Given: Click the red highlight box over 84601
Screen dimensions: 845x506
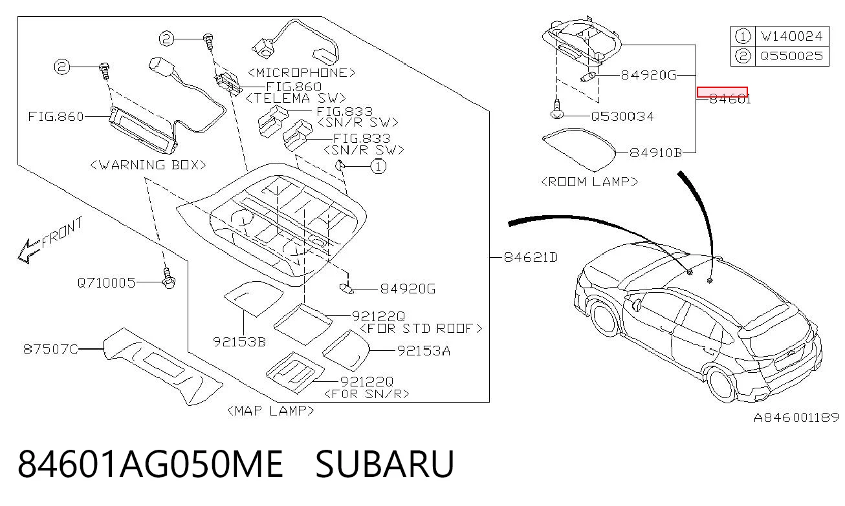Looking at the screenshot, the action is (722, 92).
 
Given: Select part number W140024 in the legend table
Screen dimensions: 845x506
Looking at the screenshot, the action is (791, 36).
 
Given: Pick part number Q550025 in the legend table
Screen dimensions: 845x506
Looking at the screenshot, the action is (791, 56).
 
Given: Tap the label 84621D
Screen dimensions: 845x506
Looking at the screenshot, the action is (531, 257).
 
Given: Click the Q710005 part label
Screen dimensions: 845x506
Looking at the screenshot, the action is (106, 282).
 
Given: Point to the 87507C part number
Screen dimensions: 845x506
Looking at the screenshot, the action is (50, 349).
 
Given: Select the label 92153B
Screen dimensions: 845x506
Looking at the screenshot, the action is (239, 342).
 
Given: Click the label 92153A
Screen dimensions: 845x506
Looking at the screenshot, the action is (424, 351).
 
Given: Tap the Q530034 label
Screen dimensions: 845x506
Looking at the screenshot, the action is (622, 116).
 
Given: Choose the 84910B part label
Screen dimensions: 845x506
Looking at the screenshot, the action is (656, 153).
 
